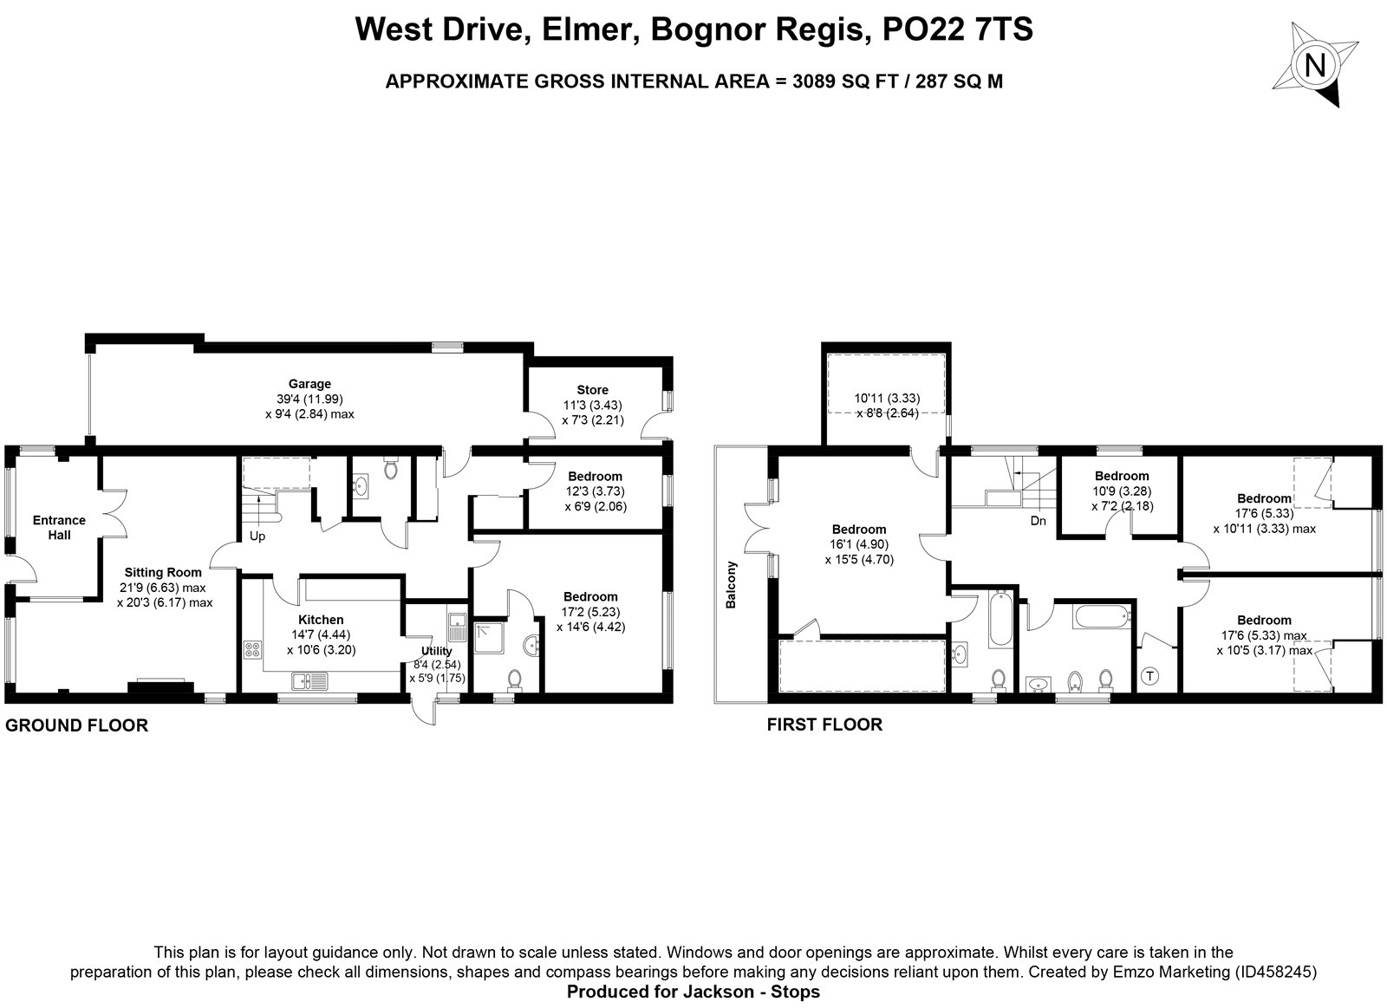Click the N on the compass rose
(x=1314, y=64)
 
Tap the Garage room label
(x=309, y=384)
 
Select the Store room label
(x=593, y=390)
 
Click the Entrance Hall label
(x=60, y=528)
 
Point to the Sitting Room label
(x=163, y=573)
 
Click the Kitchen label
(x=321, y=620)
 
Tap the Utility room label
(x=437, y=651)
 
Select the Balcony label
(x=732, y=584)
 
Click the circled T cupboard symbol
(x=1149, y=676)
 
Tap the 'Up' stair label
(x=257, y=537)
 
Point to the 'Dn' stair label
(x=1039, y=521)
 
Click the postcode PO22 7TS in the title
(x=958, y=29)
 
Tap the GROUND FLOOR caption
(x=77, y=725)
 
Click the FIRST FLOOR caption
(x=824, y=725)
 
